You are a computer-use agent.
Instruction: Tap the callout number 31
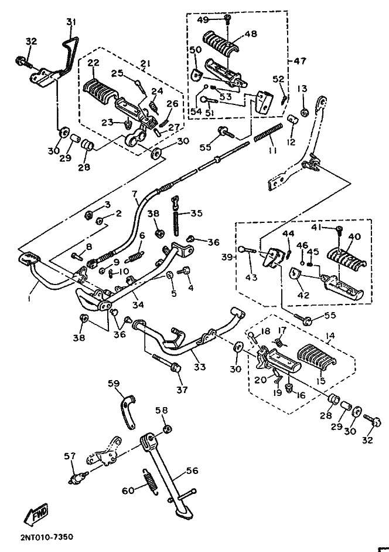[71, 22]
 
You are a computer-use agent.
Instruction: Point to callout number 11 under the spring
[271, 151]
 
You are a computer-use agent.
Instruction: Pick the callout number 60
[128, 490]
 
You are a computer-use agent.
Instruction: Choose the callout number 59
[113, 383]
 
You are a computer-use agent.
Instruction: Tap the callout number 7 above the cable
[134, 194]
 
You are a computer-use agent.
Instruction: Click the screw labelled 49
[227, 20]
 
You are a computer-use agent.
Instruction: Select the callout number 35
[196, 214]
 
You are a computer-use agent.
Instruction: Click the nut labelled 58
[166, 429]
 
